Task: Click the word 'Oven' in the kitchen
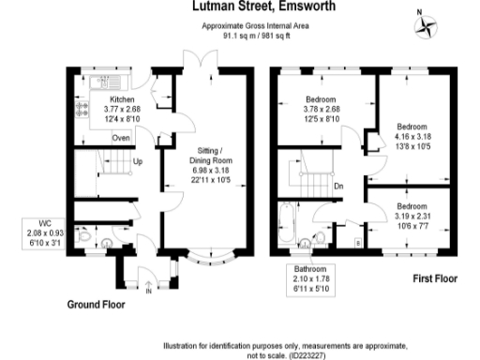click(x=120, y=139)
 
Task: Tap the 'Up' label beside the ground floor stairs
click(x=137, y=162)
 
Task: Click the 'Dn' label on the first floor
click(x=338, y=185)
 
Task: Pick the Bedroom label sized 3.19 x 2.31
click(x=411, y=215)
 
